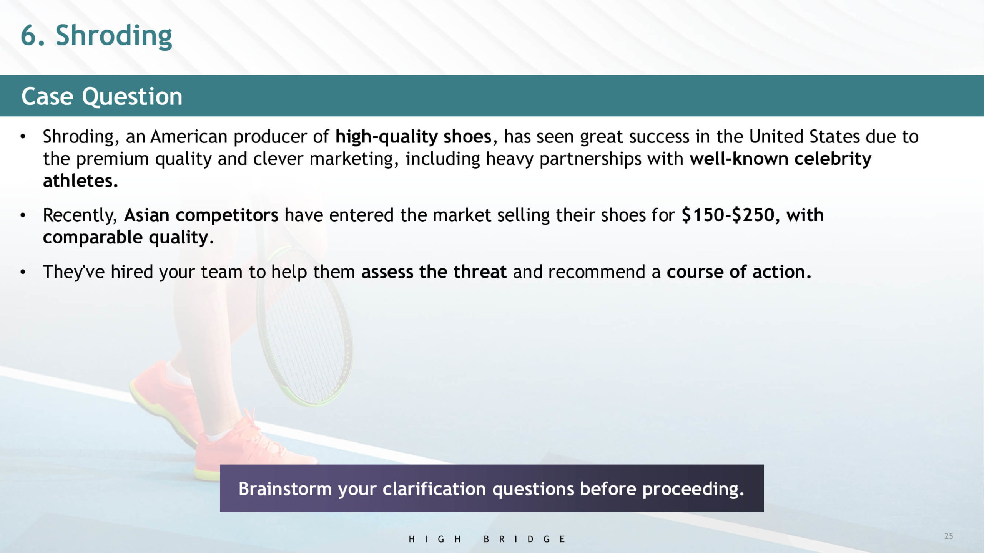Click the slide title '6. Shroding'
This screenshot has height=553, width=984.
pos(96,36)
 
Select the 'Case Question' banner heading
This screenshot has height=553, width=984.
pos(102,96)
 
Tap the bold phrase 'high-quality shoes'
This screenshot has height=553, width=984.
pos(413,137)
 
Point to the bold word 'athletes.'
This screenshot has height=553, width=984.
pos(80,181)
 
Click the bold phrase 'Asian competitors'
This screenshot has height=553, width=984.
pos(201,215)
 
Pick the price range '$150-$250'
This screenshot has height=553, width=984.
pos(728,215)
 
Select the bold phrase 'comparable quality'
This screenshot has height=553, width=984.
pos(126,238)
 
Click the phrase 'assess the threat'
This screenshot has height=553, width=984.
pos(434,272)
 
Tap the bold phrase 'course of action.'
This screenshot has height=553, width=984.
pos(739,272)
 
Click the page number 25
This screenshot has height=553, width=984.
pos(949,536)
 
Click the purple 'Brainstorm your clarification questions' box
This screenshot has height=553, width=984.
pos(492,488)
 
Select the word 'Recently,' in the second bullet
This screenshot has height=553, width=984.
pos(80,215)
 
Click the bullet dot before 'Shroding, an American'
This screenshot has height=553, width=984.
pos(23,137)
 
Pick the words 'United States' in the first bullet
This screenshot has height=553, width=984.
pos(804,137)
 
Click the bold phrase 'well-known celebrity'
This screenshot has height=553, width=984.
pos(780,159)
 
